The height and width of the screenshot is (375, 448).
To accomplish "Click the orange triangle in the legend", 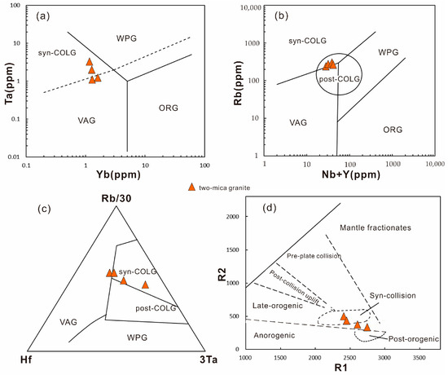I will coord(191,187).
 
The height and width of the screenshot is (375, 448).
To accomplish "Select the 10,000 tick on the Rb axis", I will coord(253,7).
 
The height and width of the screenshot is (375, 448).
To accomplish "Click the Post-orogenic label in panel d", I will coord(411,337).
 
